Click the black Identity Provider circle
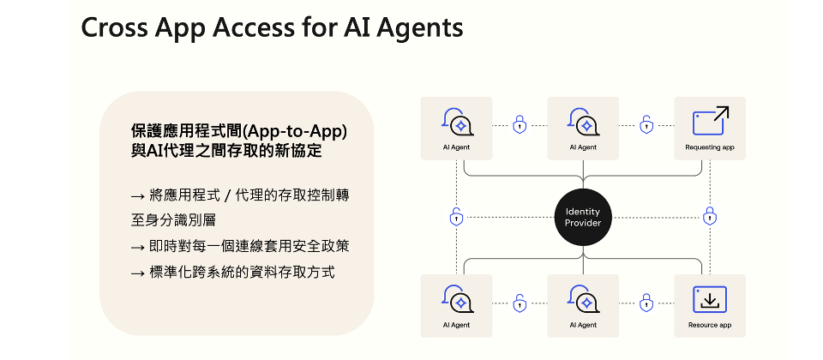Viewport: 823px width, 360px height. coord(583,217)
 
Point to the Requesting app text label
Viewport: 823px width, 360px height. coord(710,147)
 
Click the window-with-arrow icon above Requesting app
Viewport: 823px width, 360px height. coord(710,122)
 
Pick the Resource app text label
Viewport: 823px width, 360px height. coord(710,325)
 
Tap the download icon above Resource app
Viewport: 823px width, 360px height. coord(710,299)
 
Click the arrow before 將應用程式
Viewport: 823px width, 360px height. coord(138,195)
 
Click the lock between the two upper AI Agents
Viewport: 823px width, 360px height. coord(520,125)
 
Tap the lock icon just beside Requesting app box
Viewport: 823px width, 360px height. coord(646,125)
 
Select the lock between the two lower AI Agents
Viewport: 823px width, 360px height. coord(520,303)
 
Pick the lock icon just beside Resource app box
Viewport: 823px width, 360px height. coord(646,303)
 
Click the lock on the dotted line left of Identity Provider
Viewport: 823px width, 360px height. coord(456,217)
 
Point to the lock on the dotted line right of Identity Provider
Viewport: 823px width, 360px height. coord(709,217)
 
